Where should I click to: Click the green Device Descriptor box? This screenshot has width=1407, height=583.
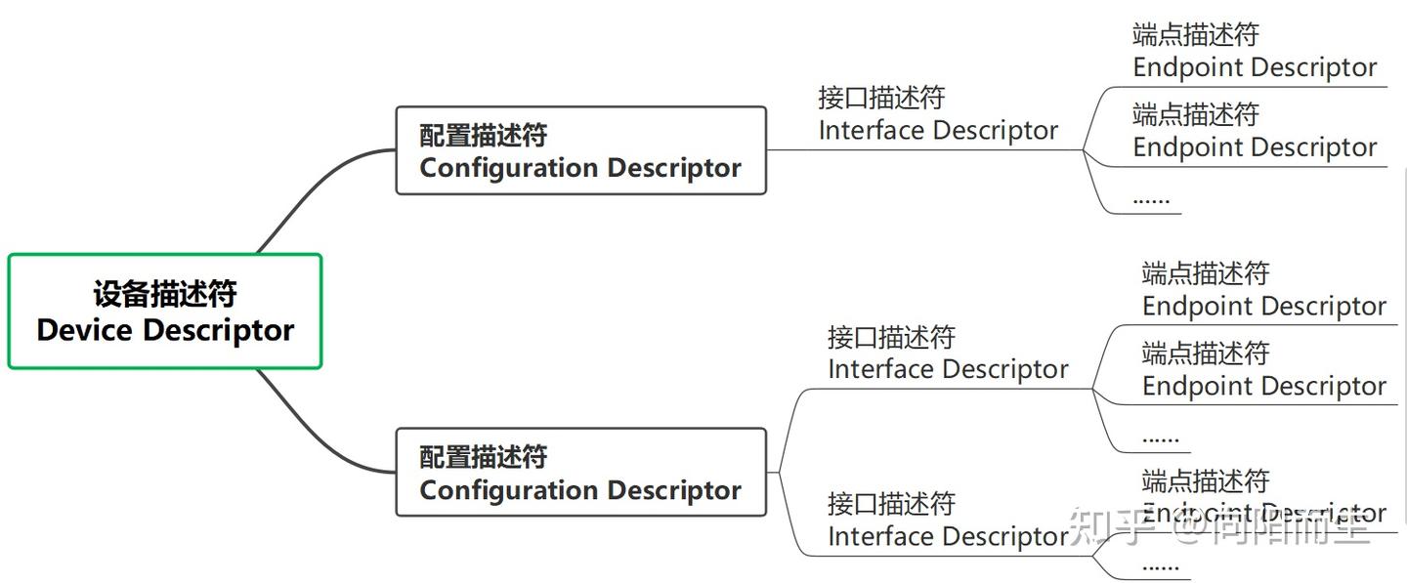pos(165,312)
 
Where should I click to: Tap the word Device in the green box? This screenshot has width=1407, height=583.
pos(85,330)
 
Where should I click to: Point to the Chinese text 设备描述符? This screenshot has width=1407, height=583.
pos(165,294)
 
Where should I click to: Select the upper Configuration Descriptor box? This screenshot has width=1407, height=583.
pos(580,150)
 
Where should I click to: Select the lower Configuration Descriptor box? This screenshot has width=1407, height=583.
pos(580,472)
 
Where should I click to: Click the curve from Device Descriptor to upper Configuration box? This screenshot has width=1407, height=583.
pos(313,186)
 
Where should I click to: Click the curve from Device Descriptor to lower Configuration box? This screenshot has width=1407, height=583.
pos(313,437)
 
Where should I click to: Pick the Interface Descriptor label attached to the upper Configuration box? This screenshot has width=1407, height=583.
pos(938,115)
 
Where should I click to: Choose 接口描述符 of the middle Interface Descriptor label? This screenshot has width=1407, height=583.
pos(891,338)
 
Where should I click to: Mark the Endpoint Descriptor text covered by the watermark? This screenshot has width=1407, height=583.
pos(1263,513)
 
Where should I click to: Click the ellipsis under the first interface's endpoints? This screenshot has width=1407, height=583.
pos(1150,198)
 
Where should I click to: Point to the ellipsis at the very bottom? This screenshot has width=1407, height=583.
pos(1160,565)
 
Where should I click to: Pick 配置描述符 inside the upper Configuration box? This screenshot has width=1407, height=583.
pos(483,135)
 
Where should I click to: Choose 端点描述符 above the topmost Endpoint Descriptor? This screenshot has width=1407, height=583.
pos(1195,35)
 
